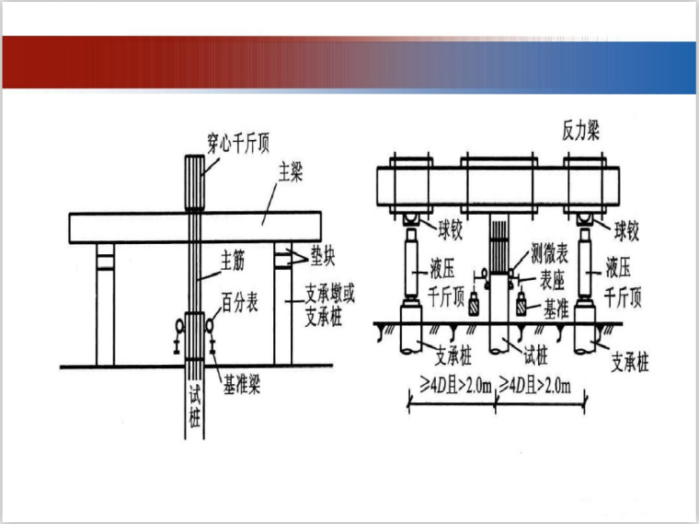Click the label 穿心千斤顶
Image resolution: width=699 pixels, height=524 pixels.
click(238, 143)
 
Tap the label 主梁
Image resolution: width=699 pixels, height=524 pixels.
click(291, 172)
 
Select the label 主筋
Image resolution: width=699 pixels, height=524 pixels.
click(233, 261)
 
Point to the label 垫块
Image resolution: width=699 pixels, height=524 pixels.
click(322, 256)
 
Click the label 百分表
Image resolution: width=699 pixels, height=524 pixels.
click(240, 302)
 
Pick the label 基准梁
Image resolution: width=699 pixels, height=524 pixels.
click(241, 384)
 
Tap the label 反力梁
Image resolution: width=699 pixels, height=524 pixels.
click(580, 131)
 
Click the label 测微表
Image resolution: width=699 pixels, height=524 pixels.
click(550, 253)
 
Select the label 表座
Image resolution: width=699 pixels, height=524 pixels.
click(553, 280)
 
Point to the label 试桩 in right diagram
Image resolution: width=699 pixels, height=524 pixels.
click(535, 356)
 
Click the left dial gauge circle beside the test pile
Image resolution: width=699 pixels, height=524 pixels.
click(179, 326)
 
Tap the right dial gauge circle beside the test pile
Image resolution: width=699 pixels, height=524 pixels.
click(210, 326)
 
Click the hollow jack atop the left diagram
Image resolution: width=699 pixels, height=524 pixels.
click(195, 182)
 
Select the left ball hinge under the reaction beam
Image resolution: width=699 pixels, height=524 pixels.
click(411, 219)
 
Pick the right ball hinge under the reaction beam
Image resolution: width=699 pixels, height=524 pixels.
click(584, 219)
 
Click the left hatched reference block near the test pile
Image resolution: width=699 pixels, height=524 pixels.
click(474, 305)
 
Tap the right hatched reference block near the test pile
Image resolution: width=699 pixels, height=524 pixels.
click(521, 305)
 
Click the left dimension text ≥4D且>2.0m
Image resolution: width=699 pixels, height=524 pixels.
click(455, 385)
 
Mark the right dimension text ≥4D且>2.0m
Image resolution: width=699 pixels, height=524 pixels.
click(534, 385)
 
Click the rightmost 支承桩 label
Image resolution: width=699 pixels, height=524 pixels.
click(629, 362)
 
